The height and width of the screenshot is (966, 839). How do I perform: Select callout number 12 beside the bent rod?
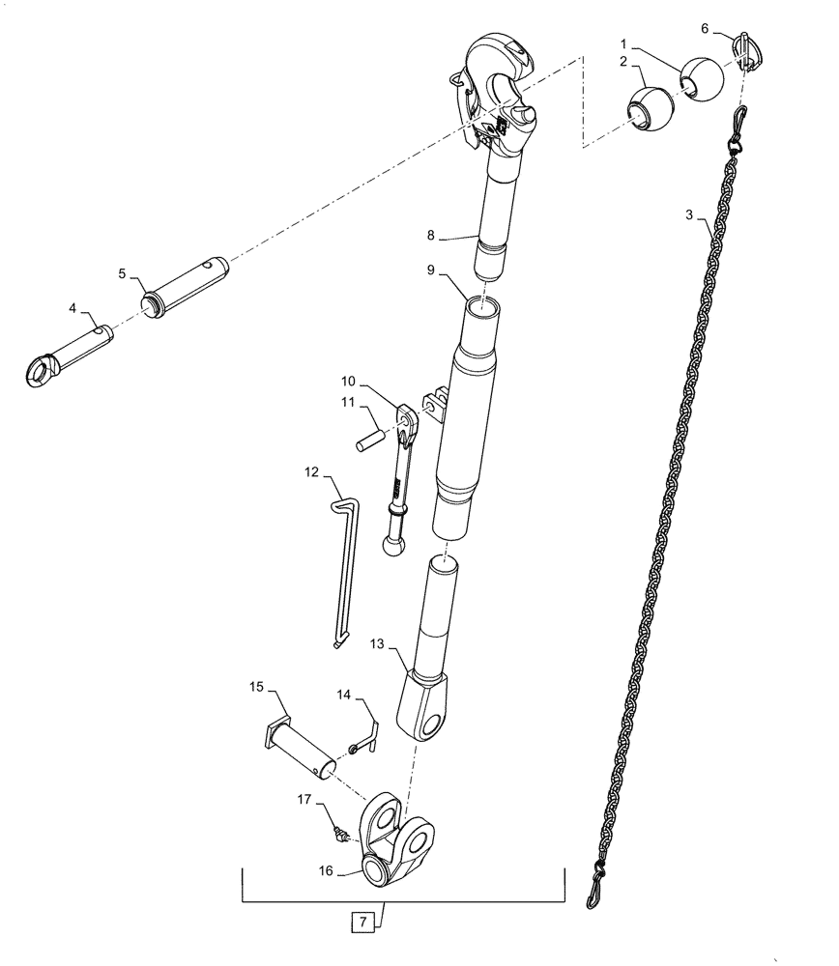[x=312, y=473]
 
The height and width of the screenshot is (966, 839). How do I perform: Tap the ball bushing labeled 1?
[x=701, y=77]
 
